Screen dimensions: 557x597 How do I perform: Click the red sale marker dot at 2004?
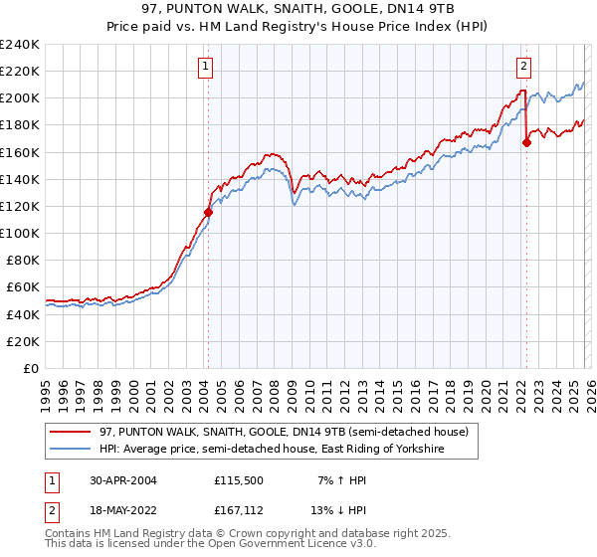(208, 212)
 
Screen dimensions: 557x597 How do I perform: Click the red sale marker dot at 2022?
(526, 142)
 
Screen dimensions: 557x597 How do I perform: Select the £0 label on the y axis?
(30, 368)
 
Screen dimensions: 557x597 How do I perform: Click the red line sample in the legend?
(72, 431)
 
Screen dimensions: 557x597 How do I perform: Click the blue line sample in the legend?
(72, 450)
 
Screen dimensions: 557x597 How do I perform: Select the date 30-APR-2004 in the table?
(117, 479)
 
